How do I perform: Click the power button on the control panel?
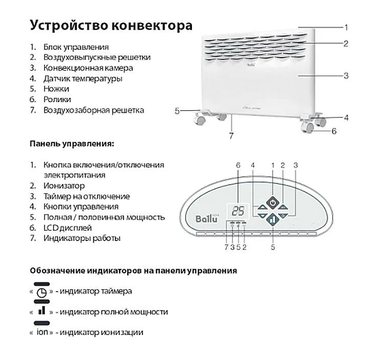(x=273, y=203)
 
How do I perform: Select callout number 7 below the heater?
(x=231, y=136)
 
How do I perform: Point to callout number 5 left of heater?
(x=177, y=110)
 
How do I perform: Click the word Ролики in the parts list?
(x=57, y=100)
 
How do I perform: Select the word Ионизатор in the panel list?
(x=64, y=186)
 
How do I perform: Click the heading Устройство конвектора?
(x=111, y=25)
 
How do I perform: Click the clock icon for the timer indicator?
(x=42, y=292)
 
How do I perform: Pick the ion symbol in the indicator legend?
(x=42, y=332)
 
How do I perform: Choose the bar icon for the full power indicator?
(x=42, y=311)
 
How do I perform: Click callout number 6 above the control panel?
(x=238, y=165)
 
